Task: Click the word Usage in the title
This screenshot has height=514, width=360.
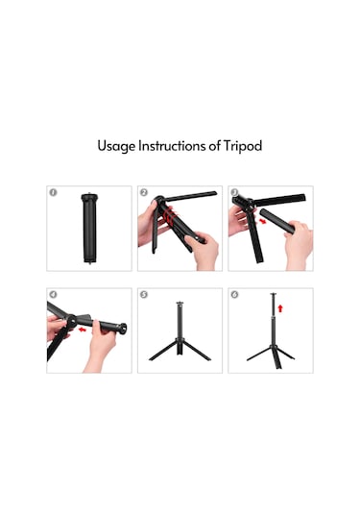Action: [x=116, y=146]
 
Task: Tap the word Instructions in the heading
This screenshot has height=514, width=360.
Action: [x=172, y=145]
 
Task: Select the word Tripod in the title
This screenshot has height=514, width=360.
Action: [x=243, y=146]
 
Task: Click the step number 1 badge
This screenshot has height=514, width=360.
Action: [x=53, y=192]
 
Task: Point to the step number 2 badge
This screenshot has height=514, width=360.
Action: [x=144, y=192]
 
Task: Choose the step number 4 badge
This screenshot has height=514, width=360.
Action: [x=53, y=294]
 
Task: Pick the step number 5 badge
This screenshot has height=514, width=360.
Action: [x=144, y=294]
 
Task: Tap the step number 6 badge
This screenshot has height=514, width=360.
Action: [x=234, y=294]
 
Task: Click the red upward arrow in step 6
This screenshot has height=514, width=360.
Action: [x=279, y=308]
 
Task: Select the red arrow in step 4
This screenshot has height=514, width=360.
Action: [x=83, y=330]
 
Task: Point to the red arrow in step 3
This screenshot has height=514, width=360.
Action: [x=263, y=222]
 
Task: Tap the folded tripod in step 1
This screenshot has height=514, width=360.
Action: [x=89, y=228]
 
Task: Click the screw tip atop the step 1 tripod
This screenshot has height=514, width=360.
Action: [x=89, y=193]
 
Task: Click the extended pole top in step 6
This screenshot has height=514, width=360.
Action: [x=274, y=294]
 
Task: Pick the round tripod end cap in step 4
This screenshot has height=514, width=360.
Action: [x=123, y=329]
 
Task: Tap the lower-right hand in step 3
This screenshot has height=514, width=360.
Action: [x=299, y=243]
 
